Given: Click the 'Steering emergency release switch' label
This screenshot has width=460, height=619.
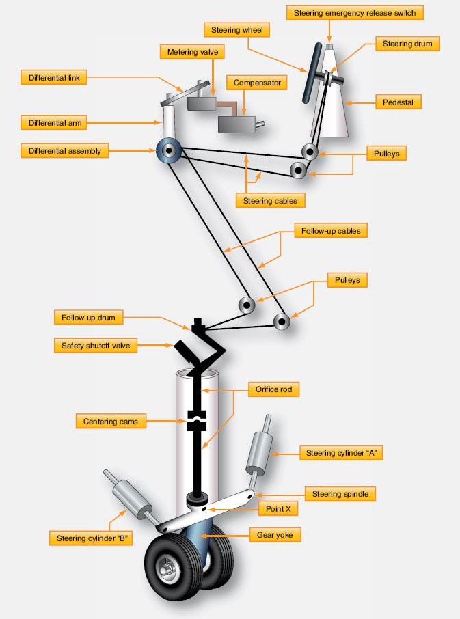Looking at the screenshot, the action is click(x=355, y=13).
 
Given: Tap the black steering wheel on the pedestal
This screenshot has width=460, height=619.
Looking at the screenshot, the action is click(x=312, y=73).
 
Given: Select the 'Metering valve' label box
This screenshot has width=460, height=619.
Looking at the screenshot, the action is click(x=192, y=52).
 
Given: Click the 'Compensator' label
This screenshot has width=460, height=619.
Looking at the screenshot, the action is click(x=256, y=83).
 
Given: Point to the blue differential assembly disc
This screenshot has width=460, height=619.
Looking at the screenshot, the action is click(x=169, y=150).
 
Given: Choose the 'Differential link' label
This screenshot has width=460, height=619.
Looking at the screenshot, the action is click(x=54, y=78).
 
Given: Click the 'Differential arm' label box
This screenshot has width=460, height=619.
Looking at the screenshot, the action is click(x=55, y=123).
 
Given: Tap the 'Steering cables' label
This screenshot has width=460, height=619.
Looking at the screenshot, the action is click(x=270, y=201).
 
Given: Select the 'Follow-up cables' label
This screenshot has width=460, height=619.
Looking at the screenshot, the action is click(x=331, y=231).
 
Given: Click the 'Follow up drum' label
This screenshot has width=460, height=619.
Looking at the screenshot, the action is click(x=88, y=318).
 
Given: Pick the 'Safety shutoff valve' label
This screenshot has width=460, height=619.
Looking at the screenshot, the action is click(x=96, y=346).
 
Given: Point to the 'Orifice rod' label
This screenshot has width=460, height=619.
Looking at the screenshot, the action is click(x=273, y=389).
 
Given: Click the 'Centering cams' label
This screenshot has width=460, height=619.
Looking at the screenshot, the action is click(x=111, y=422).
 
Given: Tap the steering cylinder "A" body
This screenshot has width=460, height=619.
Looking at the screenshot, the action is click(x=259, y=452).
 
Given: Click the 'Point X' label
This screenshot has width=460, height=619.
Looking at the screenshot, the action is click(x=278, y=508).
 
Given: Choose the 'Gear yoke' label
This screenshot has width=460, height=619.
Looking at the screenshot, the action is click(x=275, y=535).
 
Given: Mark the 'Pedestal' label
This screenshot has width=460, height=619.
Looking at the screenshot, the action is click(x=398, y=102).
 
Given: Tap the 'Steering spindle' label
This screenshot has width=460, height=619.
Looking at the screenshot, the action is click(x=340, y=493).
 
